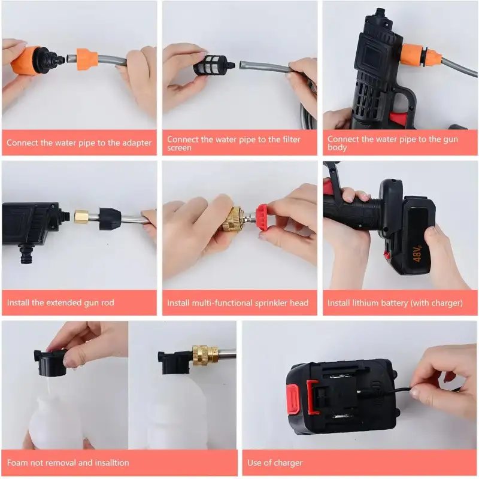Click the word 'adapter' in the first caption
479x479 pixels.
[134, 143]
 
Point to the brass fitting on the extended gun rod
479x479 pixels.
[81, 217]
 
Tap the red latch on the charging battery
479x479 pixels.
[294, 399]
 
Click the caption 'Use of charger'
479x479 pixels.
[275, 463]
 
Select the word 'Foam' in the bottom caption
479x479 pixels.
[18, 463]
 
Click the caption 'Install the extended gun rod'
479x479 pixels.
[60, 303]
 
